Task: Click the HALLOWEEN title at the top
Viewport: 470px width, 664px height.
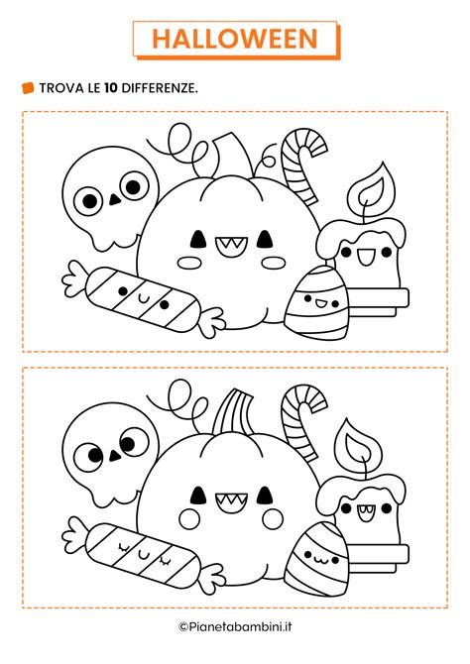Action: point(235,38)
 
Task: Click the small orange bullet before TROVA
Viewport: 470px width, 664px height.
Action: point(28,88)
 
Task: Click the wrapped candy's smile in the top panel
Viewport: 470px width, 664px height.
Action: point(142,293)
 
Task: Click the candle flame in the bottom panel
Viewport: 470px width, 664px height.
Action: point(355,446)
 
